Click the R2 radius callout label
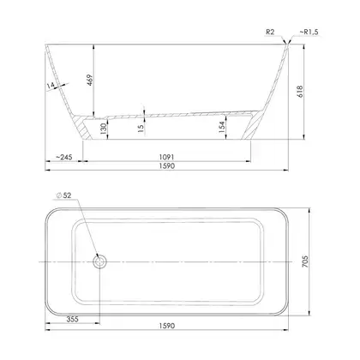270,32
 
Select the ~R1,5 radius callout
309,32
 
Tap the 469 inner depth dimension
90,81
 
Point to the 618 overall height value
300,92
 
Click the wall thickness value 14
51,85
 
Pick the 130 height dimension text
104,129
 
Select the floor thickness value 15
141,128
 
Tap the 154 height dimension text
222,127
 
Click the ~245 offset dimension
64,157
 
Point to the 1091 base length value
166,157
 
